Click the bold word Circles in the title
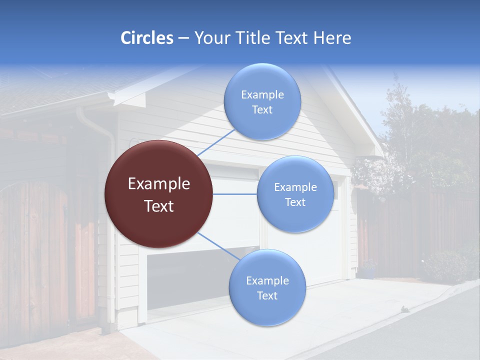click(146, 38)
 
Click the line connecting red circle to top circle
click(216, 142)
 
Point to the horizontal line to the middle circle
click(234, 194)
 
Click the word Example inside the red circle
click(158, 183)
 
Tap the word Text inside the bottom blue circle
click(267, 295)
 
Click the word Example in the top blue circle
click(262, 94)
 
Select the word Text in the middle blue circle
click(295, 202)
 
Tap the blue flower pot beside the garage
click(368, 272)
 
